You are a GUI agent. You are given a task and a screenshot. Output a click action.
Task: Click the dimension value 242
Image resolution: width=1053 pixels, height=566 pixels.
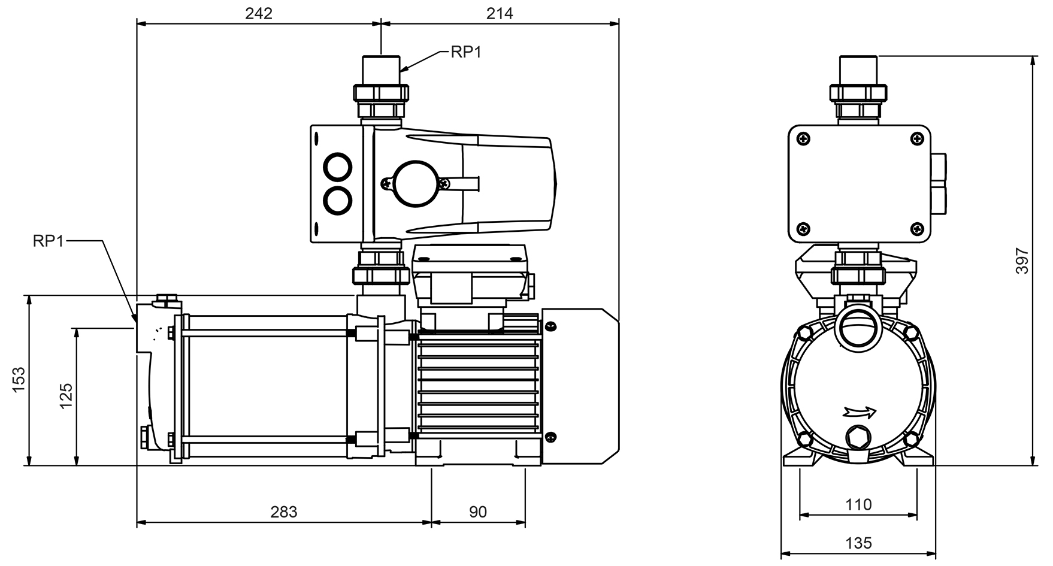tap(258, 13)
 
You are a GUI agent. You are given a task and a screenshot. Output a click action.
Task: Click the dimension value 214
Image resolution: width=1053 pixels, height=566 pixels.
tap(500, 13)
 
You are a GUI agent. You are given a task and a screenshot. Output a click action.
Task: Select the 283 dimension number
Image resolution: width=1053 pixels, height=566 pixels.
tap(283, 512)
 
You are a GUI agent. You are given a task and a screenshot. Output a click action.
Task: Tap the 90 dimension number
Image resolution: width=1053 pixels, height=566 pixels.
tap(477, 512)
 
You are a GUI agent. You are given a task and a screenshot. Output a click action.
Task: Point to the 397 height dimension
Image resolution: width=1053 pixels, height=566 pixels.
tap(1022, 261)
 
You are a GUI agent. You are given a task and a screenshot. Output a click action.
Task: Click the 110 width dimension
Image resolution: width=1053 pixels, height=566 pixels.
tap(858, 505)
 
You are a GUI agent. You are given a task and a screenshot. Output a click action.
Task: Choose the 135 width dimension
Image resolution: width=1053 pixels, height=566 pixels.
tap(858, 543)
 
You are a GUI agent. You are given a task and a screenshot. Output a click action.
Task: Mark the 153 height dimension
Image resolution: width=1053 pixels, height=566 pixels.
tap(20, 380)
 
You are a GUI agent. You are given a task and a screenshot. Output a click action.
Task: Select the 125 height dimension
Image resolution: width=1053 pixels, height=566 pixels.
tap(66, 396)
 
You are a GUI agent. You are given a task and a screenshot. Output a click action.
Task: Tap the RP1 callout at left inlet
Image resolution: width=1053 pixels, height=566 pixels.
tap(48, 241)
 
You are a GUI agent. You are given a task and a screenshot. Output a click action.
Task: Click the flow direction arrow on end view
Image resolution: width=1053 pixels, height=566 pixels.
tap(860, 411)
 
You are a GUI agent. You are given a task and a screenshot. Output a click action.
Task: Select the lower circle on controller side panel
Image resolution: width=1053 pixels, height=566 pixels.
tap(338, 200)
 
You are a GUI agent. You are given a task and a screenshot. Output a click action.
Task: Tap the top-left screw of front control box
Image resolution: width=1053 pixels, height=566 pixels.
tap(803, 139)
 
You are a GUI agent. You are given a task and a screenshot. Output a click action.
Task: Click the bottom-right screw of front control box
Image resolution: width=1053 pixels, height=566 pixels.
tap(916, 228)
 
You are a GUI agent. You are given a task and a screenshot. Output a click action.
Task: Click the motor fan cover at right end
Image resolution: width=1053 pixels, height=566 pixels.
tap(580, 386)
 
